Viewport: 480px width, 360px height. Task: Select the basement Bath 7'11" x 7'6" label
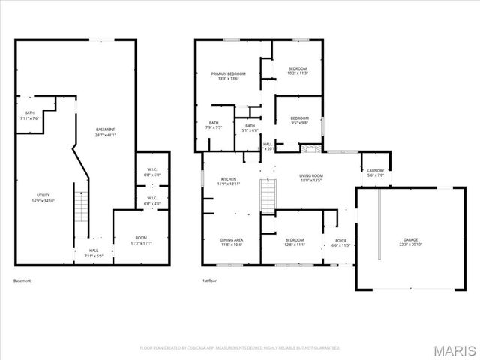coord(29,115)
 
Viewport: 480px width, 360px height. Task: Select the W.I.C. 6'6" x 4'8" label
coord(152,202)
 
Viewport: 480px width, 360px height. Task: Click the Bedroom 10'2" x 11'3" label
coord(298,71)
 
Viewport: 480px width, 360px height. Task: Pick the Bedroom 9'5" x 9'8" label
coord(300,121)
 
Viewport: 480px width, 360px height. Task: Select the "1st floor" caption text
coord(209,280)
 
